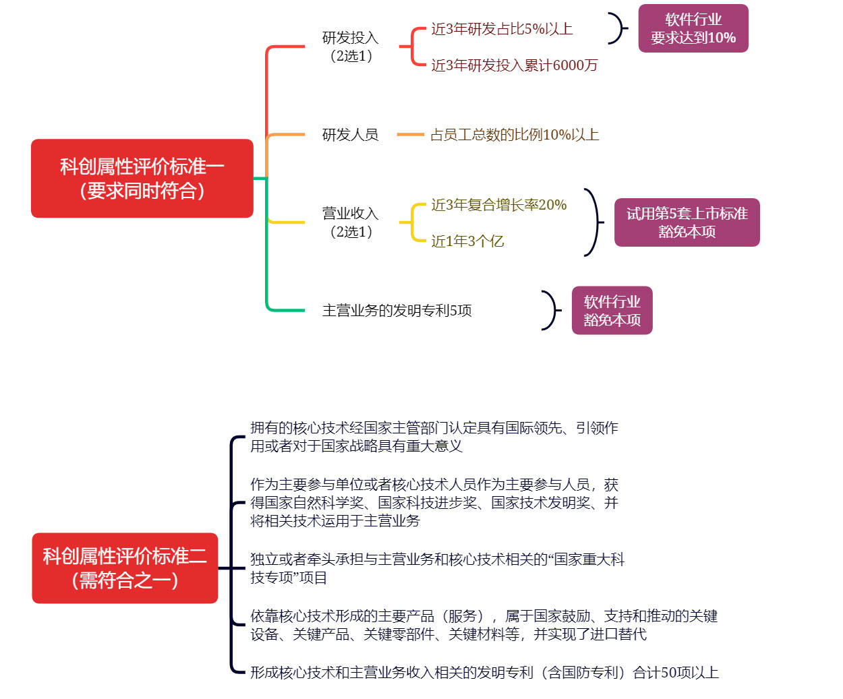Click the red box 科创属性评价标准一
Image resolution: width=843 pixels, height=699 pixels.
(x=142, y=179)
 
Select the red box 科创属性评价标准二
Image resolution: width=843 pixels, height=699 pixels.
(x=125, y=568)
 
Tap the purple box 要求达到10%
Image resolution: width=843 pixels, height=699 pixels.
(x=693, y=28)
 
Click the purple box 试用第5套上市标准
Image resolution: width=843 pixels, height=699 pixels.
(x=687, y=222)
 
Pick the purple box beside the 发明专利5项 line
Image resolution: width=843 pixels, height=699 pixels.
(x=612, y=310)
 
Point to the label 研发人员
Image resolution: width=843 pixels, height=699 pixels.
(x=350, y=135)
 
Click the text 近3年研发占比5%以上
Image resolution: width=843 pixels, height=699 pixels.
(x=502, y=29)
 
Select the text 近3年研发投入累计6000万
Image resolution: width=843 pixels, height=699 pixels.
(x=514, y=65)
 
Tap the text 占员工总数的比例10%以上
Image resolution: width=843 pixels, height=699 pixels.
(x=515, y=135)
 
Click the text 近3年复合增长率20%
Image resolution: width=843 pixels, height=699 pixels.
(x=499, y=205)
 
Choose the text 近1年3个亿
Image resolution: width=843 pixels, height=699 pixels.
(x=467, y=241)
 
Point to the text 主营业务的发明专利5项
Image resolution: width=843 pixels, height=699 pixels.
(x=397, y=310)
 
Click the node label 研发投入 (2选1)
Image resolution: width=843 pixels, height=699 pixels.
(x=351, y=47)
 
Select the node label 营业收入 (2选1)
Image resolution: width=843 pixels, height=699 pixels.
(x=351, y=222)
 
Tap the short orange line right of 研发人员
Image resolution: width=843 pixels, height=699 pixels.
(x=411, y=134)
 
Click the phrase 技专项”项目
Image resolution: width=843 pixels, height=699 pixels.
(x=289, y=578)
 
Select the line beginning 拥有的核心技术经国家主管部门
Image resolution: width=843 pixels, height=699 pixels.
(x=434, y=428)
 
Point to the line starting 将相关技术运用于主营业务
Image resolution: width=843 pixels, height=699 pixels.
(x=335, y=520)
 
